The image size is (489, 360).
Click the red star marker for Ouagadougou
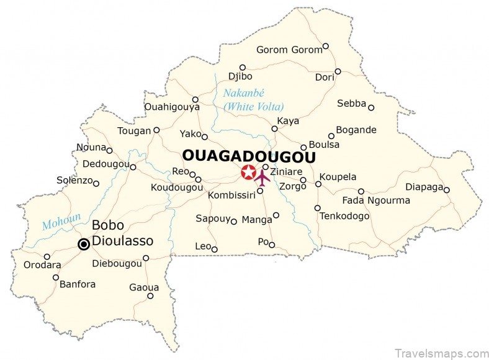(248, 173)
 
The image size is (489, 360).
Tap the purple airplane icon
(262, 178)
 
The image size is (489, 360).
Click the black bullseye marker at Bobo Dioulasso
(83, 245)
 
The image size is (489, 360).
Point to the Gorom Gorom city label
(289, 50)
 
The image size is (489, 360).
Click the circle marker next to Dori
(338, 71)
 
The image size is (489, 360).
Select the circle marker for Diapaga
(446, 190)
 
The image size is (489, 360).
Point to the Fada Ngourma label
(376, 200)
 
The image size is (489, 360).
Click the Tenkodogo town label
(344, 217)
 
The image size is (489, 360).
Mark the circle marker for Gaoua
(150, 296)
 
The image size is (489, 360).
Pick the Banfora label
(78, 285)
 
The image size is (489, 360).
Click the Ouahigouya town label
(172, 107)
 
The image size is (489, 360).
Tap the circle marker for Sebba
(371, 107)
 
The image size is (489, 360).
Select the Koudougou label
(177, 187)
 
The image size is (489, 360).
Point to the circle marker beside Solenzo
(96, 183)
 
